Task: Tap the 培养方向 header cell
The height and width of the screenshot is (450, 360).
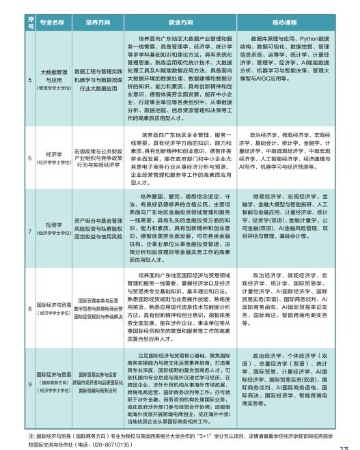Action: [99, 23]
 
